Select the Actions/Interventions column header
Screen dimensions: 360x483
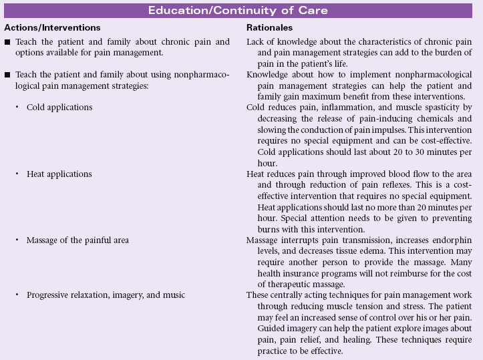(x=52, y=28)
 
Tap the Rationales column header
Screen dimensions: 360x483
(x=269, y=28)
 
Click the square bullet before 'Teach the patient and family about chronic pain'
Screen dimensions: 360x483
(x=7, y=42)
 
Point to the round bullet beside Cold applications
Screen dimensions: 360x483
(x=19, y=108)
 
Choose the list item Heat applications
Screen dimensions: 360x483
(x=59, y=174)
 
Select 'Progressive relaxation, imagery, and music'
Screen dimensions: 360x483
(x=106, y=295)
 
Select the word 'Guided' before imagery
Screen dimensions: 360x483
(x=261, y=328)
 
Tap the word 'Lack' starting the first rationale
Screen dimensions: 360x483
(x=257, y=42)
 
